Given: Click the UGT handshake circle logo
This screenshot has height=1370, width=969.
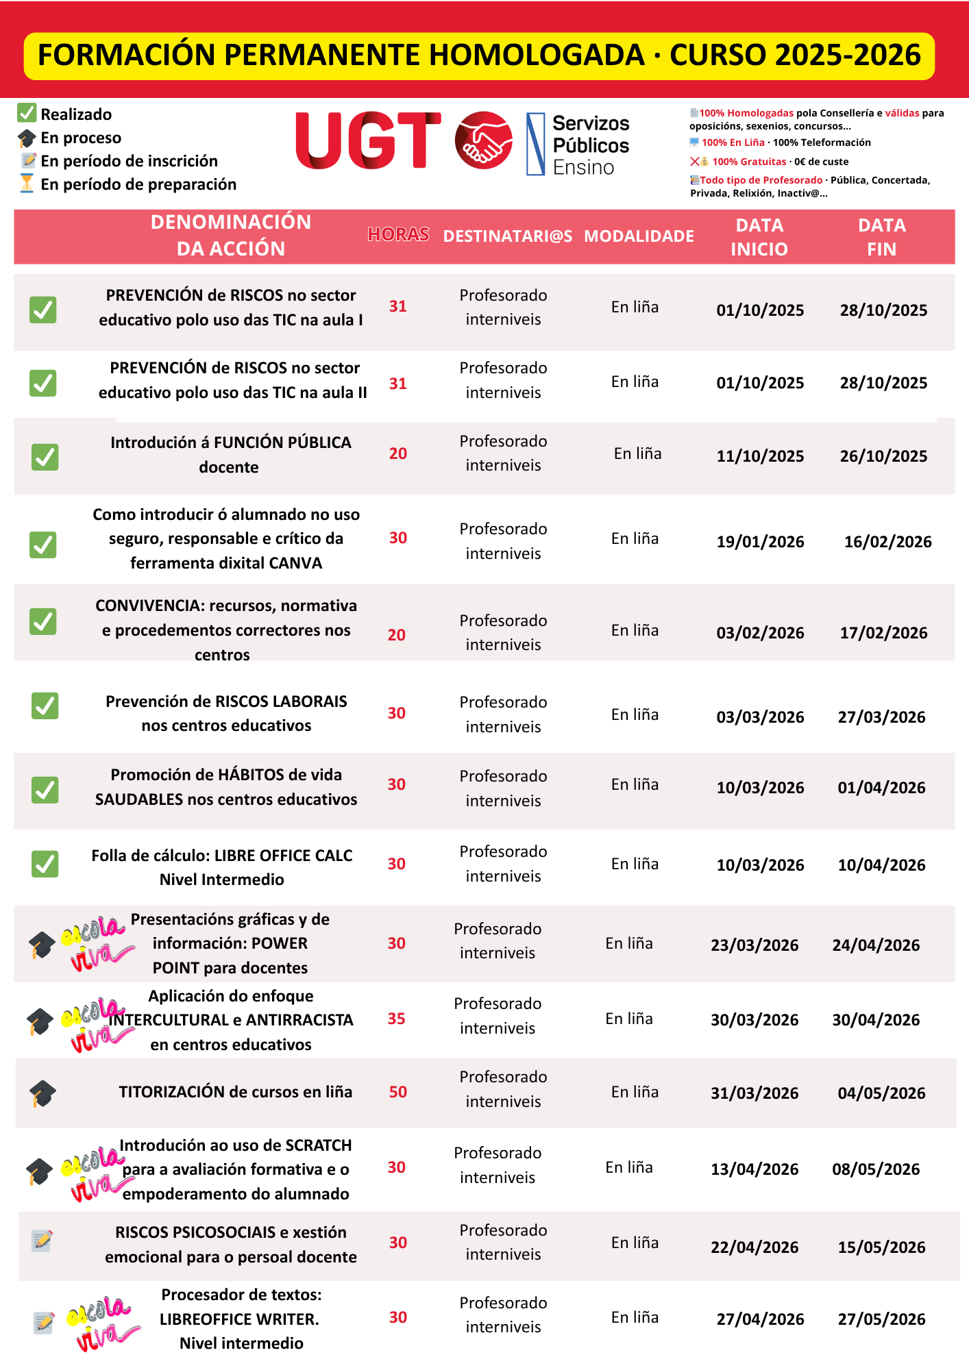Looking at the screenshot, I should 483,140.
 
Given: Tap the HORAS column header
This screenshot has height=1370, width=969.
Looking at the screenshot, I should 398,235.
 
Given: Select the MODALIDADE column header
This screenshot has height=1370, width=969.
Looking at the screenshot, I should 639,236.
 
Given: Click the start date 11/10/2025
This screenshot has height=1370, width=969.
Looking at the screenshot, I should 760,456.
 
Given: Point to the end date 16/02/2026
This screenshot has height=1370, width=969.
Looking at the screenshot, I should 887,542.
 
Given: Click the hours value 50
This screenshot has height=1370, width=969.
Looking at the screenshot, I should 398,1092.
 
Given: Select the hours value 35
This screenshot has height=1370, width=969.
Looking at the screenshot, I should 397,1019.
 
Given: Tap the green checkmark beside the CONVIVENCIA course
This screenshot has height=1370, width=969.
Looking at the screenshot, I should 43,621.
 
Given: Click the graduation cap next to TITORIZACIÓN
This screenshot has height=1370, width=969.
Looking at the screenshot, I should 42,1093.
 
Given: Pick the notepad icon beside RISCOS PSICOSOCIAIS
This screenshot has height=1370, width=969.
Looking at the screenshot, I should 42,1240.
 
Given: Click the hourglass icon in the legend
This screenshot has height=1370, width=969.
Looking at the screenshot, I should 27,184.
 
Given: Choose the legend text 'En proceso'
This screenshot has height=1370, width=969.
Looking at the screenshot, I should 81,138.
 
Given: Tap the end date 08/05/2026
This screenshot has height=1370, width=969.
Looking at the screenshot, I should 876,1169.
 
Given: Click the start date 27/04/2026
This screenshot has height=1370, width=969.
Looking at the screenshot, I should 760,1319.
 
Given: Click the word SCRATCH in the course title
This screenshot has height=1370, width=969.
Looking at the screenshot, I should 318,1145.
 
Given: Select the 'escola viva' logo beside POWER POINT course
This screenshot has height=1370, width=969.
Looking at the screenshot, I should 95,943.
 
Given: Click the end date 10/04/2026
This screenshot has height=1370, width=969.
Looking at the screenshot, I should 881,865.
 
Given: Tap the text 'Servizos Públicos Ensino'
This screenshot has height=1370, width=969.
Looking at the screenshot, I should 590,145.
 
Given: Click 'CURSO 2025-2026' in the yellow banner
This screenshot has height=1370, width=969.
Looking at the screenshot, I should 795,55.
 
